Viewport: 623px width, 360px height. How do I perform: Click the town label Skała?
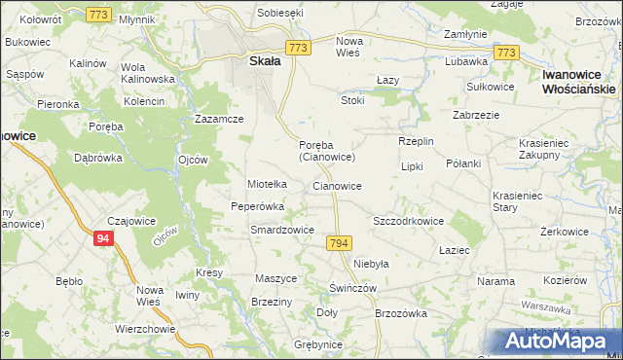click(259, 60)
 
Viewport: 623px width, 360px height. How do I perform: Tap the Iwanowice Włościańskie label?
click(580, 81)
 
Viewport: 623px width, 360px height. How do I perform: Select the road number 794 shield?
click(339, 242)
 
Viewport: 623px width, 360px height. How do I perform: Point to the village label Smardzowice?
click(281, 231)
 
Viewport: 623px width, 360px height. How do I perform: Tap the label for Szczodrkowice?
click(409, 221)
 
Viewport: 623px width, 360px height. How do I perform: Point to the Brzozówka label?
click(401, 313)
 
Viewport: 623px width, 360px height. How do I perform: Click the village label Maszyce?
click(275, 278)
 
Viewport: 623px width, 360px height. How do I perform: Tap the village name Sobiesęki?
click(280, 14)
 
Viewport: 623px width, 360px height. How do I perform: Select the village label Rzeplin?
click(416, 142)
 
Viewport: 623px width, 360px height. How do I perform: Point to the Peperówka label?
click(257, 206)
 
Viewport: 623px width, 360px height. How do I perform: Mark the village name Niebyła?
click(371, 264)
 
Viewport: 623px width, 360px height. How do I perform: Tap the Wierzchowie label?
click(145, 329)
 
